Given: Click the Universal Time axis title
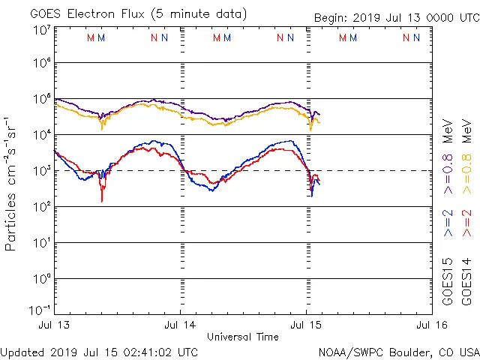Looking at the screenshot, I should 243,337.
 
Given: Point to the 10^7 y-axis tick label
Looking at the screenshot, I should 40,31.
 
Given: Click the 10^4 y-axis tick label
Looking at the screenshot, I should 40,135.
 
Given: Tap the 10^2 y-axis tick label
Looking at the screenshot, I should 40,207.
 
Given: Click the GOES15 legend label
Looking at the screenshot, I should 447,282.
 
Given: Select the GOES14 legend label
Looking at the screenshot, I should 466,282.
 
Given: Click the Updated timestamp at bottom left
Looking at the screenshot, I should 100,352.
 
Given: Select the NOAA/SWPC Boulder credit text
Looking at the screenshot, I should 398,352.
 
